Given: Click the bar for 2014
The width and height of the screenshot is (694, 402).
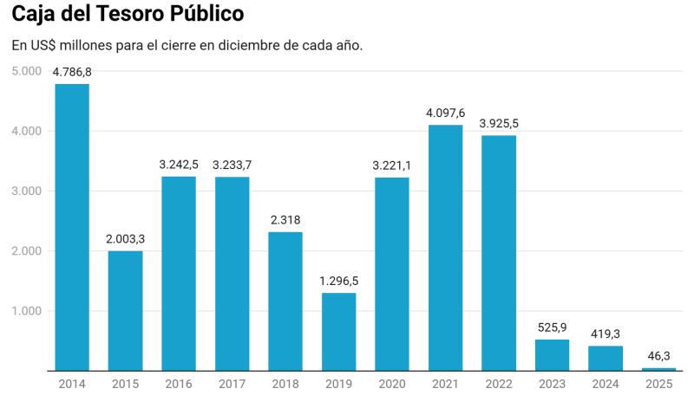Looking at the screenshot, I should (71, 227).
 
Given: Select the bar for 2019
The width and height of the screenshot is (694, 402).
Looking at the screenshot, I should (338, 332).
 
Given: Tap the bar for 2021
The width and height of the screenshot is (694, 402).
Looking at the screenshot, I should (445, 248).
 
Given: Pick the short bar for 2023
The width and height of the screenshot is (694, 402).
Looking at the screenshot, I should (552, 355).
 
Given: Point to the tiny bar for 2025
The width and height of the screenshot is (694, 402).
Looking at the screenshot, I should (658, 369).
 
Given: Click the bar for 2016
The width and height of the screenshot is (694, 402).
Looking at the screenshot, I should (178, 274).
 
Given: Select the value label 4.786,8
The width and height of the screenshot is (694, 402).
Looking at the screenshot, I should (72, 73).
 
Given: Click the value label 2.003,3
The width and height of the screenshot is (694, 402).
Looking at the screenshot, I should (125, 239).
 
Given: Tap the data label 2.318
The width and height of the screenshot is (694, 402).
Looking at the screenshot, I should (285, 220).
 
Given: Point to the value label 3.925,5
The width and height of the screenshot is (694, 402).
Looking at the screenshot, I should (499, 124).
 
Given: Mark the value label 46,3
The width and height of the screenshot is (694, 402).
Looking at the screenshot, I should (658, 356).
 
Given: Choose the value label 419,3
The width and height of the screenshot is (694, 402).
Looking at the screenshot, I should (606, 334).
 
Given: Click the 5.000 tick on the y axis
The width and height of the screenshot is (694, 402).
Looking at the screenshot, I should (27, 71).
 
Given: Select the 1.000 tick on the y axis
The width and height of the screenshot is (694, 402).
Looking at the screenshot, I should (27, 311).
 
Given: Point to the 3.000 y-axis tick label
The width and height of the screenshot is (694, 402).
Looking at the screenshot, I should (27, 191).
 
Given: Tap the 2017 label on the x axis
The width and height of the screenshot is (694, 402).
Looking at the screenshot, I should (232, 384).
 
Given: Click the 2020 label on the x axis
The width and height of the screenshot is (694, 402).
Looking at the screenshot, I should (392, 384).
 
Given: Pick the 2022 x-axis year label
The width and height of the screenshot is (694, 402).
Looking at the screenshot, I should (499, 384).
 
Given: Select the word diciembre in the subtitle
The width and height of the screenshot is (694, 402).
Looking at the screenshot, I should (253, 45).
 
